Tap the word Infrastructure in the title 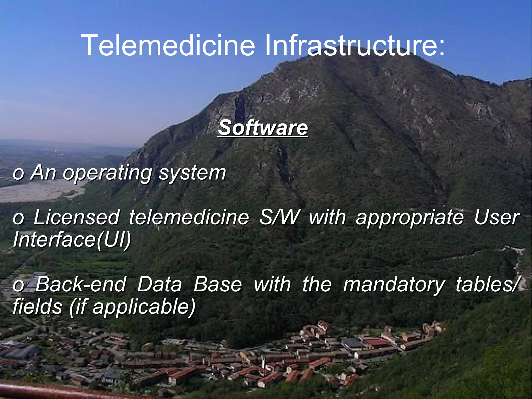(355, 45)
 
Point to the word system (192, 173)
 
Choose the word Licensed (77, 217)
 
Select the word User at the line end (496, 217)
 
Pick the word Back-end (81, 284)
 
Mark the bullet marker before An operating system (18, 174)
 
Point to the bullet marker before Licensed (18, 219)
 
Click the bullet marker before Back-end (18, 285)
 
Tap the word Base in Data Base (218, 284)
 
